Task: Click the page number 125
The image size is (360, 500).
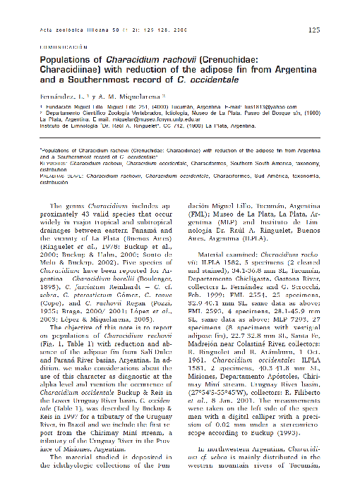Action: click(314, 30)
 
